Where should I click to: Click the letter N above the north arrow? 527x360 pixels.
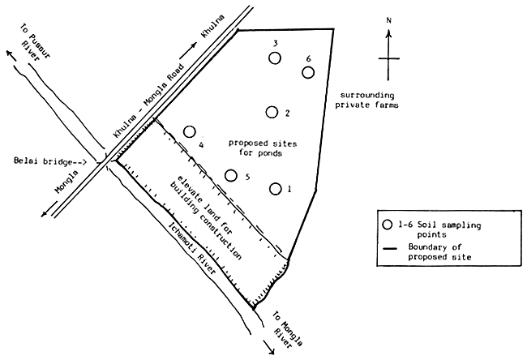[x=389, y=20]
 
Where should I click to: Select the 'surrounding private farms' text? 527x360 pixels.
[x=366, y=101]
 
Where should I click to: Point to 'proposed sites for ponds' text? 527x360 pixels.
[x=263, y=148]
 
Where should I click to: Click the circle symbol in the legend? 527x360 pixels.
[x=388, y=225]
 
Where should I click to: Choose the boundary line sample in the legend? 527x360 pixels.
[x=390, y=249]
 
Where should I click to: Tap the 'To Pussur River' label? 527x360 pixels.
[x=35, y=42]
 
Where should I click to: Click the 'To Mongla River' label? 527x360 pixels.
[x=287, y=329]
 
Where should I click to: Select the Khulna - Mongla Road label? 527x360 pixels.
[x=149, y=101]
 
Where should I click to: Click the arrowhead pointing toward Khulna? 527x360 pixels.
[x=195, y=45]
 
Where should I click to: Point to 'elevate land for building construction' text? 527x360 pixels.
[x=204, y=217]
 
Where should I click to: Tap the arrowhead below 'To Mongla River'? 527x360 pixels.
[x=272, y=351]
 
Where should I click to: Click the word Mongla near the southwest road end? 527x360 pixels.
[x=66, y=182]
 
